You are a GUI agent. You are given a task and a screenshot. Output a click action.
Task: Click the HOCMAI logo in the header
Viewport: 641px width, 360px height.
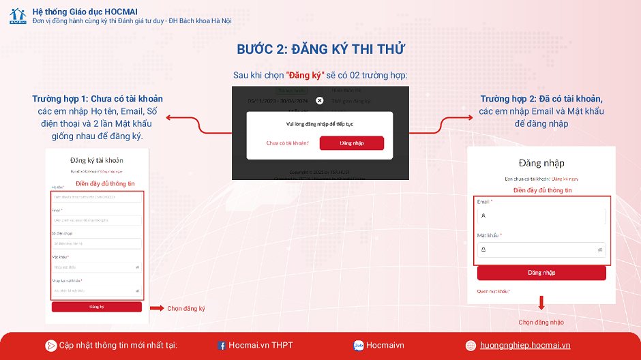pos(18,16)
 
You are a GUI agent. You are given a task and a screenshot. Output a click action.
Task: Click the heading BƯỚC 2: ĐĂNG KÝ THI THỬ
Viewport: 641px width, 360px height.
pos(320,49)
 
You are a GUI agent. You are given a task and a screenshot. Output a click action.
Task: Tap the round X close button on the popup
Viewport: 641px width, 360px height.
pos(320,100)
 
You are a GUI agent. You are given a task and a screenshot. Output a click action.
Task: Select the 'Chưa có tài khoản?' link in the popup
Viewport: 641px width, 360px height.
pos(288,143)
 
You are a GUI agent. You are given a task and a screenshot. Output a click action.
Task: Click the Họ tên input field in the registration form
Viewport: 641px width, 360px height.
pos(96,197)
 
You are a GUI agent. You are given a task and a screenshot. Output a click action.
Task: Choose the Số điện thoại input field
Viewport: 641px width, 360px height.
pos(96,243)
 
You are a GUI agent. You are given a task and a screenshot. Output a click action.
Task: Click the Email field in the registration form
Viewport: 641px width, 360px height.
pos(96,220)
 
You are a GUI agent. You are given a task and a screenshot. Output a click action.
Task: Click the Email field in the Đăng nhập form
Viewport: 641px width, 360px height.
pos(541,216)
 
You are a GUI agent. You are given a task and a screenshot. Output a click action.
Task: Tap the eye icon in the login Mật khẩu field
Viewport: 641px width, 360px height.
pos(600,250)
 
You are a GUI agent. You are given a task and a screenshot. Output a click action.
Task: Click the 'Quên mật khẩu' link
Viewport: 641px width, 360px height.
pos(494,291)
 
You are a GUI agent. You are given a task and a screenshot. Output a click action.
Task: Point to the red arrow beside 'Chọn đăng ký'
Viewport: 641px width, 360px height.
pos(157,308)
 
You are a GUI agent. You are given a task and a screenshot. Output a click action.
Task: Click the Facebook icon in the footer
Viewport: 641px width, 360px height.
pos(222,346)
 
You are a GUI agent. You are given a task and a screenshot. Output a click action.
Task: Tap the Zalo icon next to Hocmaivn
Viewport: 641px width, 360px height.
pos(358,346)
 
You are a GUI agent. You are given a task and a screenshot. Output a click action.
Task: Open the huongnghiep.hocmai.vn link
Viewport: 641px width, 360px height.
pos(524,346)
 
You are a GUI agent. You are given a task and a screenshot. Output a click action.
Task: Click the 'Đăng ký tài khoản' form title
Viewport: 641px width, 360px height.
pos(97,160)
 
